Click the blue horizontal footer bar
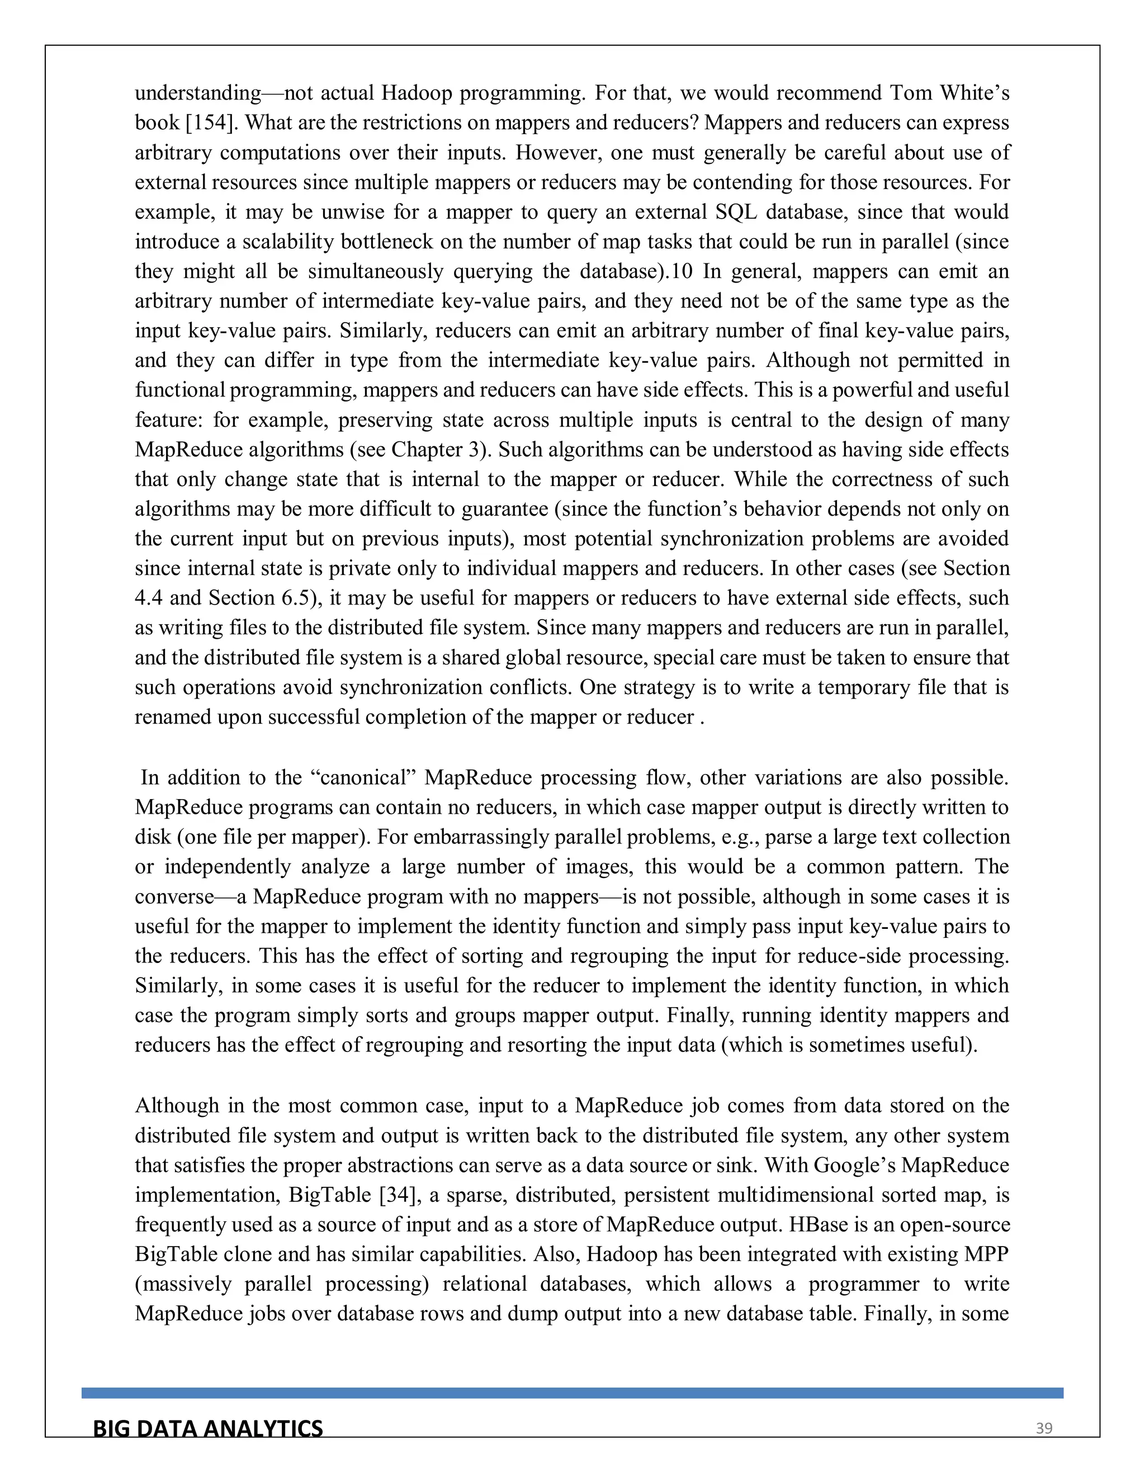(x=572, y=1393)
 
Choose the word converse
(x=174, y=896)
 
